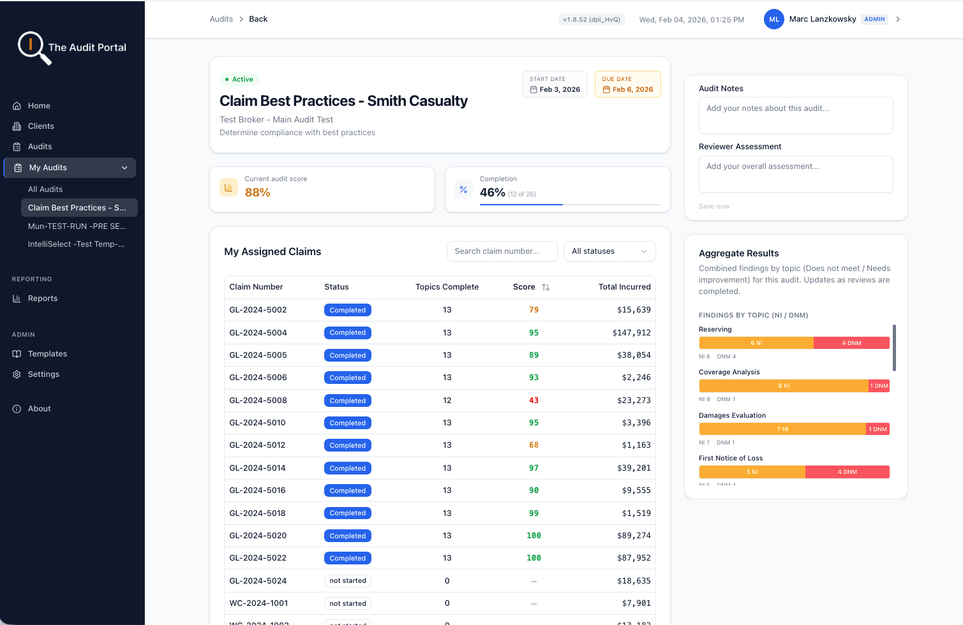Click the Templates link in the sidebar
coord(47,354)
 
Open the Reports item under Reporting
coord(43,298)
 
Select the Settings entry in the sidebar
coord(43,374)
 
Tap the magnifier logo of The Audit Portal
coord(31,46)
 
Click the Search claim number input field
coord(502,251)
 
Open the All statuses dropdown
coord(609,251)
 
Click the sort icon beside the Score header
coord(546,287)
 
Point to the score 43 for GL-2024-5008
coord(534,401)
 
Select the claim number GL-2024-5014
coord(257,468)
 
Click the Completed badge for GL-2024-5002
coord(348,310)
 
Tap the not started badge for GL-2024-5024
coord(348,581)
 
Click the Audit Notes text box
coord(796,115)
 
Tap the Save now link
coord(713,207)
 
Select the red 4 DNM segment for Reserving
coord(851,343)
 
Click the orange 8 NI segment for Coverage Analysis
coord(784,386)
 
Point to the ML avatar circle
coord(774,19)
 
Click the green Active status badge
coord(239,80)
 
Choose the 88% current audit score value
coord(258,193)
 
